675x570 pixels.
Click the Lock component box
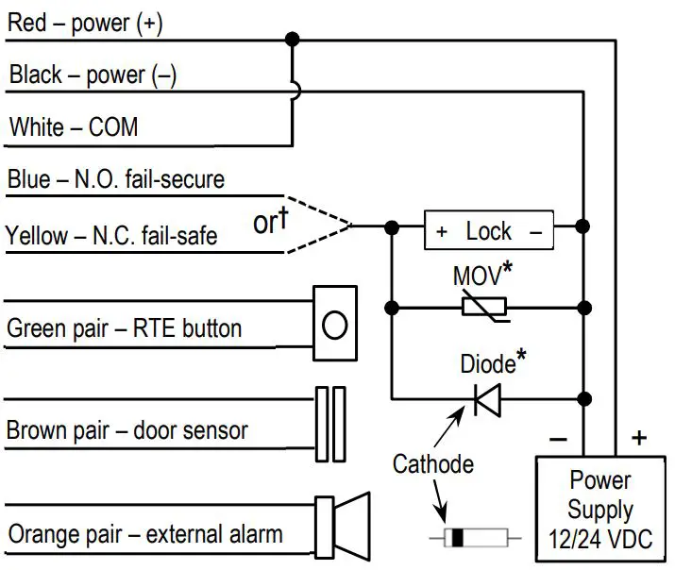coord(487,229)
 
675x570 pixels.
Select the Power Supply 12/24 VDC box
coord(599,511)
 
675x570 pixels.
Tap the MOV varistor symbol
coord(482,306)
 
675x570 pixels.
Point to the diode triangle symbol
coord(484,401)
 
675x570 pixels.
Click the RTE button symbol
coord(335,324)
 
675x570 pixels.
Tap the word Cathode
coord(432,463)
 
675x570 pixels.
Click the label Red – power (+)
coord(85,24)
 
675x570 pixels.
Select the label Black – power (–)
coord(93,75)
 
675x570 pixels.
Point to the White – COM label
coord(74,126)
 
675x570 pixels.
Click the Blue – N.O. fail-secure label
coord(115,178)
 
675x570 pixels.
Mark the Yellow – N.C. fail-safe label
coord(111,234)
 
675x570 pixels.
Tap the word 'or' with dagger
coord(270,223)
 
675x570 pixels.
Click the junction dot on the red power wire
coord(293,39)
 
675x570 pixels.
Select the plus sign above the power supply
coord(639,437)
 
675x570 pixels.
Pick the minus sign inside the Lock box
coord(534,230)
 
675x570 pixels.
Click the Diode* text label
coord(491,363)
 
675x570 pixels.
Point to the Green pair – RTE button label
coord(124,329)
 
